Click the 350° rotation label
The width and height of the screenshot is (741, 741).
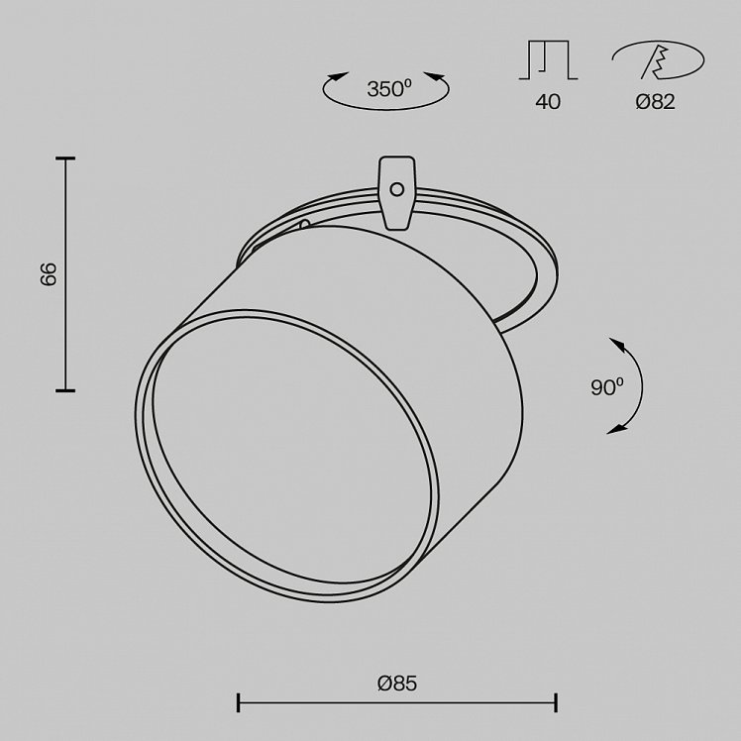[x=389, y=89]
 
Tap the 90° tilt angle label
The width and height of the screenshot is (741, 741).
[x=607, y=387]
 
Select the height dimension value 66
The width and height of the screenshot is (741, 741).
[x=49, y=273]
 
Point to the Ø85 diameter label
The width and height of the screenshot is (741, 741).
[x=397, y=684]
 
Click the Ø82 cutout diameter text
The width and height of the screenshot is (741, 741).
[x=656, y=102]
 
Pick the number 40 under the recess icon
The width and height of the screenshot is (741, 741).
[x=548, y=102]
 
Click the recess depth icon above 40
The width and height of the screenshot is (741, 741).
[x=548, y=59]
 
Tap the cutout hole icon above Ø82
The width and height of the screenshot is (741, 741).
[x=658, y=59]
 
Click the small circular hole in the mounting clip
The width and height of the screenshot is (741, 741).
[x=397, y=189]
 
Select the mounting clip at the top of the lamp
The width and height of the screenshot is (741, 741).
[x=397, y=193]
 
